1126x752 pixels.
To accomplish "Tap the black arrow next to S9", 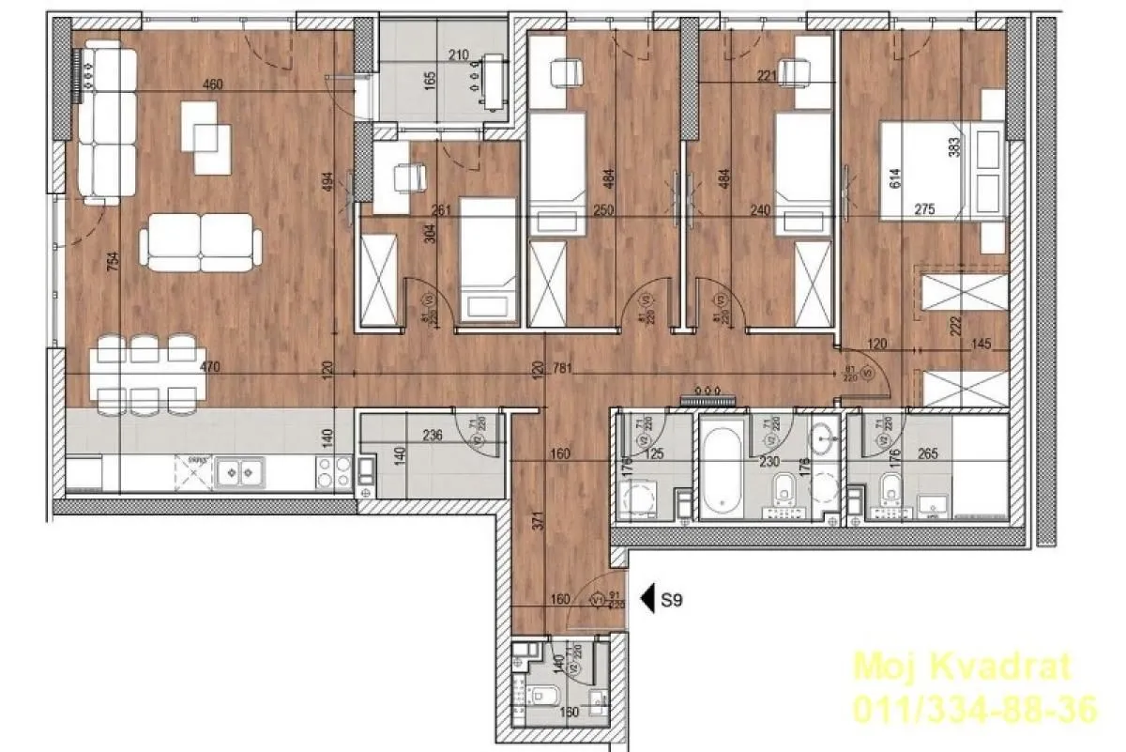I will (646, 597).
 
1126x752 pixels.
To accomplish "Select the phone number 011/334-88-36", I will (974, 709).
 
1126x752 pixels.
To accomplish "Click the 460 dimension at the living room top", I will (213, 84).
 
